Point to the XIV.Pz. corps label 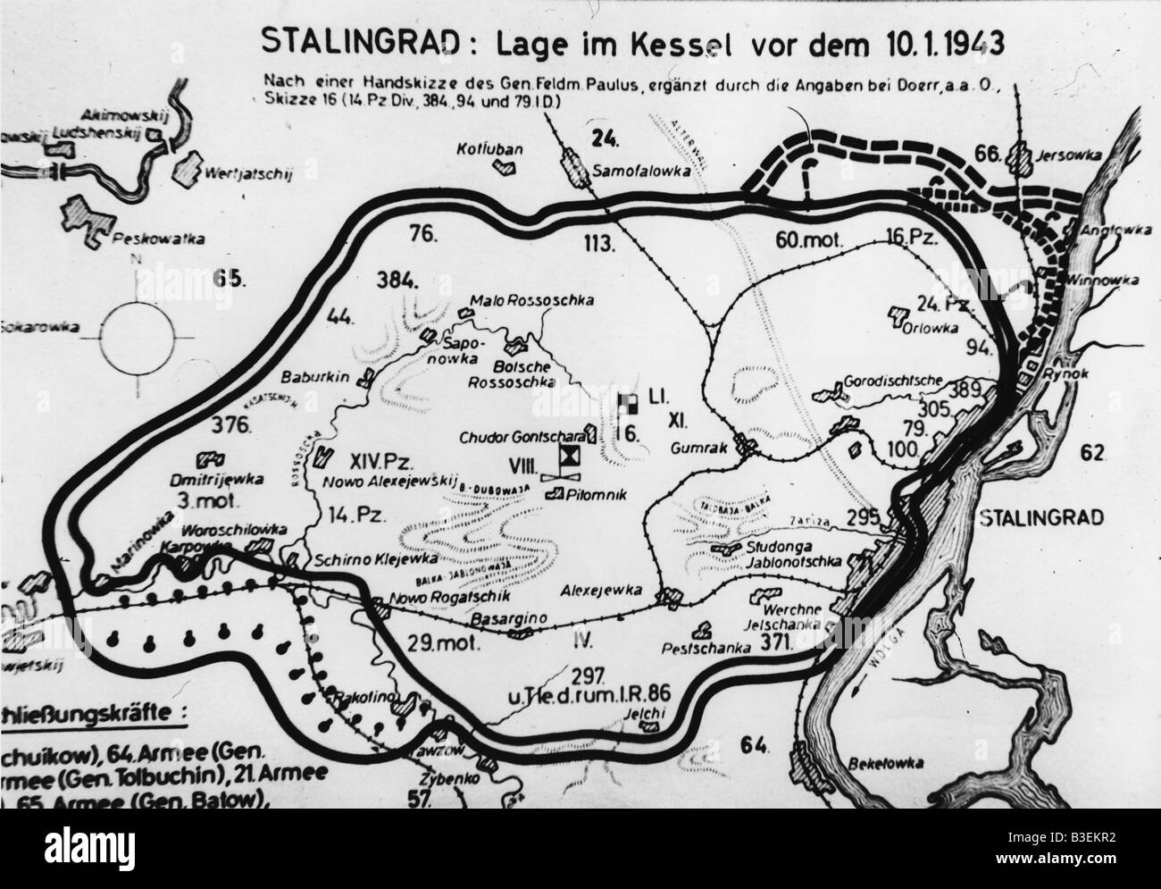tap(358, 463)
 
